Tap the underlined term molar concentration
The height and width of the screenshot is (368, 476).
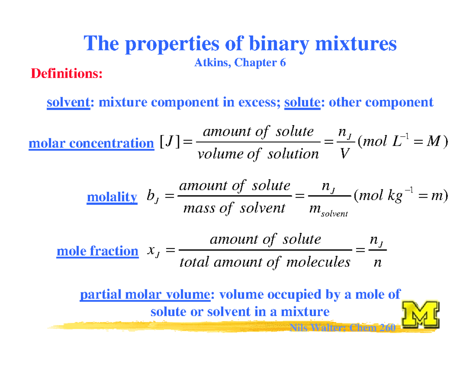coord(91,143)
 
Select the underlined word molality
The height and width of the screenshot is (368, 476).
coord(112,197)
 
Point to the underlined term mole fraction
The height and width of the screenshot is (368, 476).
coord(97,251)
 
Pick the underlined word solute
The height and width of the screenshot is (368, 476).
coord(302,102)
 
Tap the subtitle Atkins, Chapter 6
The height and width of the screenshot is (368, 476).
coord(240,63)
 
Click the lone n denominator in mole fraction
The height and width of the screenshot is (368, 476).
coord(373,262)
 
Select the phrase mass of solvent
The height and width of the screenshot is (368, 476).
coord(235,208)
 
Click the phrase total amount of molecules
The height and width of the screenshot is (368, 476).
coord(265,262)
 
